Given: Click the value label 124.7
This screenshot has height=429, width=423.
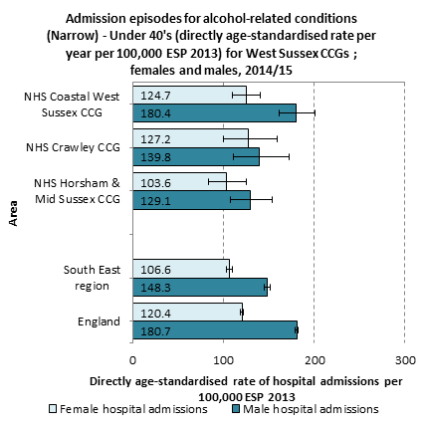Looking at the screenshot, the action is point(155,96).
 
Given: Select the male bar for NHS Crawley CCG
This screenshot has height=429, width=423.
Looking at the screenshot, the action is point(196,157).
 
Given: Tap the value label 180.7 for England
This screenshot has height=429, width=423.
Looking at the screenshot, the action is point(155,331).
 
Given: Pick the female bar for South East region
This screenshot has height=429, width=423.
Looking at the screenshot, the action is point(181,269).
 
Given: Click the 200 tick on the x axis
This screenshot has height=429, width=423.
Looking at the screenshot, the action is point(315,360).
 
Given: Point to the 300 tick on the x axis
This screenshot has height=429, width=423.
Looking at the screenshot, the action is point(405,360).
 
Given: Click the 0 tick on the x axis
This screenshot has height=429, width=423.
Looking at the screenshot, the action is point(132,360).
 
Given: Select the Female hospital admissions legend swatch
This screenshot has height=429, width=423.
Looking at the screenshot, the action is point(53,409).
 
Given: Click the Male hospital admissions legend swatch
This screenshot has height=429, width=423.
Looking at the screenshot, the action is point(236,409).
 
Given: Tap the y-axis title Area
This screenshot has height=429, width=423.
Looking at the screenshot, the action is point(13,213).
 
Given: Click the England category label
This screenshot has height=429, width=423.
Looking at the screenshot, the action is point(99,322).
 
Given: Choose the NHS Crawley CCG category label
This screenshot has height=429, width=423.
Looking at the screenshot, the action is point(73,147).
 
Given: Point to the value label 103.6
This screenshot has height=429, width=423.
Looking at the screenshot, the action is point(155,183).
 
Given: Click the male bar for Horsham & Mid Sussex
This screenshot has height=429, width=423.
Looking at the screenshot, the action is point(192,200).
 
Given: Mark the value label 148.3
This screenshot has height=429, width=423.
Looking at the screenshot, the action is point(155,288).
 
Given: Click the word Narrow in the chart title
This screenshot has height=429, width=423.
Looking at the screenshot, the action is point(73,36).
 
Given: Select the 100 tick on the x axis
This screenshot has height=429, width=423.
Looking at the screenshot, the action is point(224,360).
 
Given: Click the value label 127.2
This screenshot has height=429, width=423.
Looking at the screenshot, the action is point(155,139).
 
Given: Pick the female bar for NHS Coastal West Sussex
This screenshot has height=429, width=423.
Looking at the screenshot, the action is point(190,96).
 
